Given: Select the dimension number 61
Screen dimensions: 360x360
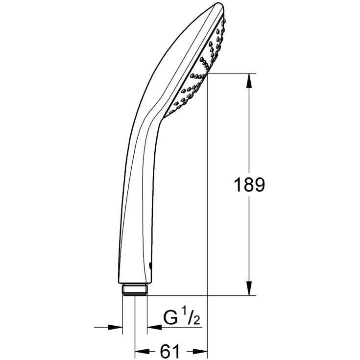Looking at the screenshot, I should (x=169, y=351).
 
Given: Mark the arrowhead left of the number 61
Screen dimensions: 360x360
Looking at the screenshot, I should (x=142, y=351).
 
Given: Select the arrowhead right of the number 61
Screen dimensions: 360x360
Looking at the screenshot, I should (x=201, y=351).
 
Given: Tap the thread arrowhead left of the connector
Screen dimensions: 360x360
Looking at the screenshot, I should (x=115, y=327).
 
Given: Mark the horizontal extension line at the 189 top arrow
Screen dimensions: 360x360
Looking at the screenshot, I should (x=230, y=73).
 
